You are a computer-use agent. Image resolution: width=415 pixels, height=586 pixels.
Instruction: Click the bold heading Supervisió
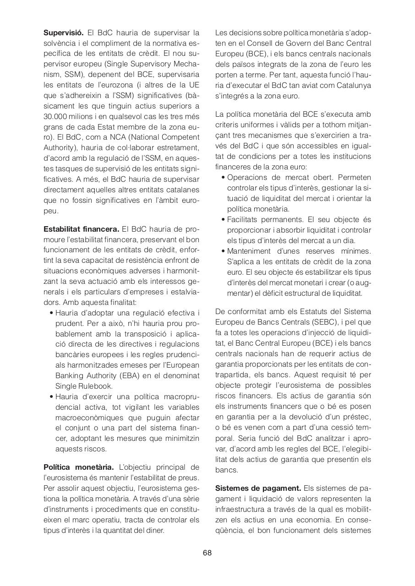tap(64, 33)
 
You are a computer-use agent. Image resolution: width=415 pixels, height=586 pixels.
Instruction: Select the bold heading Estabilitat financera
tap(81, 228)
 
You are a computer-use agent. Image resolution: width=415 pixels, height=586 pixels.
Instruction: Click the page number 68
tap(207, 553)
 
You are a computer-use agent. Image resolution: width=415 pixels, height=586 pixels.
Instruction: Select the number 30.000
tap(56, 116)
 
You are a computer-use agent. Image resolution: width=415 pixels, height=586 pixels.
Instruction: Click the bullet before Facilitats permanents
tap(223, 220)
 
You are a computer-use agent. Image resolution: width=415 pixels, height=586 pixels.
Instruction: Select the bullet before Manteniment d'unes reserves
tap(223, 251)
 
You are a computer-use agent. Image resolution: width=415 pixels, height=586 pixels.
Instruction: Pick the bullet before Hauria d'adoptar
tap(51, 313)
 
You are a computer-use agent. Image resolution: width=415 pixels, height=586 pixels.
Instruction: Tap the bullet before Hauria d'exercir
tap(51, 397)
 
